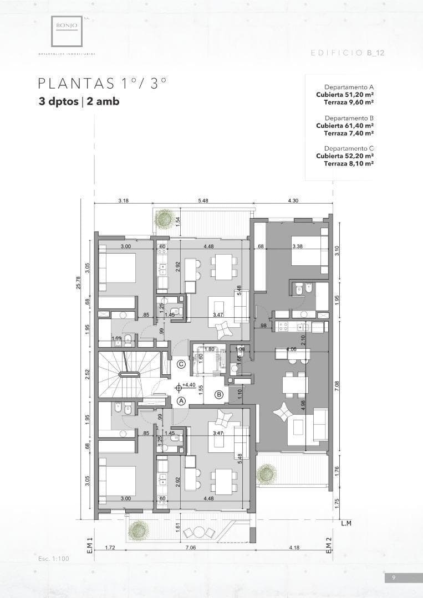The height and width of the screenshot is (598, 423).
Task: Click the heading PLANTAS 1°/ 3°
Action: (103, 84)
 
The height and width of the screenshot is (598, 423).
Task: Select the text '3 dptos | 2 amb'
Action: (79, 102)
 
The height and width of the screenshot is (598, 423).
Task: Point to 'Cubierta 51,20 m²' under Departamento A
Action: (344, 95)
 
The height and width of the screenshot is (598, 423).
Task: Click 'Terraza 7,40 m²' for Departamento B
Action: (348, 133)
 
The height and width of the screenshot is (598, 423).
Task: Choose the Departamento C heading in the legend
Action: (349, 148)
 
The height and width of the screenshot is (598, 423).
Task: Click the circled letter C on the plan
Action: (181, 364)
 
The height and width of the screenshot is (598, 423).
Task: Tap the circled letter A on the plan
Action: (181, 400)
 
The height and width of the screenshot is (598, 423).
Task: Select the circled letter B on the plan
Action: (219, 394)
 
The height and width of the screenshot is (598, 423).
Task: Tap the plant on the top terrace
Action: (164, 218)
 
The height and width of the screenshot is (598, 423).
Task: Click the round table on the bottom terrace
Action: (199, 532)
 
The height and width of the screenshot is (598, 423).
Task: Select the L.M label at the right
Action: (346, 523)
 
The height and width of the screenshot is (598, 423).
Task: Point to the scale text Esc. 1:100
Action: (54, 559)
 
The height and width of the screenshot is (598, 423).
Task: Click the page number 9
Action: (394, 578)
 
